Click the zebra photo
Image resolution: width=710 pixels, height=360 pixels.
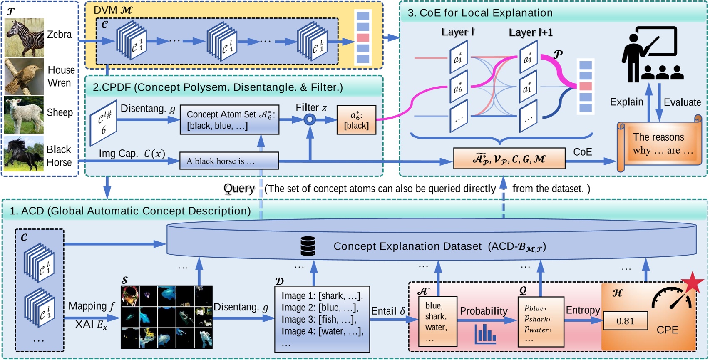pos(24,38)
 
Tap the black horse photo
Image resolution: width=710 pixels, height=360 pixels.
pos(24,153)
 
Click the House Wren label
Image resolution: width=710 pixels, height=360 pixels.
pos(61,76)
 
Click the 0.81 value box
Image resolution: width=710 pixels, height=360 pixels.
pos(625,321)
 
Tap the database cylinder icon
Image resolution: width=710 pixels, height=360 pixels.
pos(308,246)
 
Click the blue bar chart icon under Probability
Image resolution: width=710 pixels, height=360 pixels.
pos(485,334)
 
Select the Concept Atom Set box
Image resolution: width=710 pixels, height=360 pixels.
pos(229,120)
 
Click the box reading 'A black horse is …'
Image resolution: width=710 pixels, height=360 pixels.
pos(229,161)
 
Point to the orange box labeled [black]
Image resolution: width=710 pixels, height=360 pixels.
pos(356,120)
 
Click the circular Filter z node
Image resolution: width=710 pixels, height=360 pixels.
pos(309,120)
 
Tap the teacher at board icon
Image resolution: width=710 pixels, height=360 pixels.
pos(651,54)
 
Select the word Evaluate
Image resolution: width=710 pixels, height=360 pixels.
pos(682,102)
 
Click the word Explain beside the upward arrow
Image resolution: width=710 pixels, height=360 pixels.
pos(626,102)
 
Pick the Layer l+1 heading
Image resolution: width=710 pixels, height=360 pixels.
pos(530,32)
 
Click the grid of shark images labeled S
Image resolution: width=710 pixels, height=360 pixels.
pos(166,317)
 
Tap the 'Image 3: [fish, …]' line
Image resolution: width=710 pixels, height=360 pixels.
pos(319,320)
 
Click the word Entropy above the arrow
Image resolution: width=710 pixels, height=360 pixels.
pos(583,310)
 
